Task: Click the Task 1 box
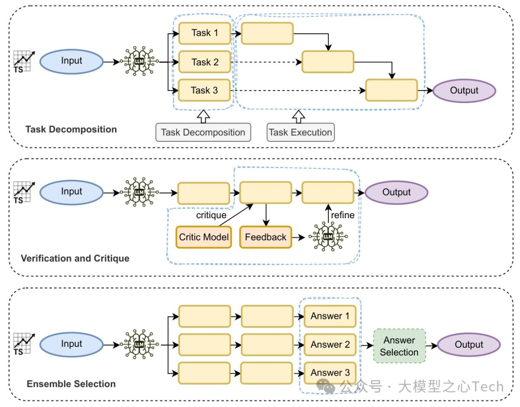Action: tap(205, 33)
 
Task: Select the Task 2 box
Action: tap(205, 62)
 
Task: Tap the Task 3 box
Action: tap(205, 91)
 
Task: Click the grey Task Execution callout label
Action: tap(300, 132)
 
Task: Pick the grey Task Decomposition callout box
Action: tap(203, 132)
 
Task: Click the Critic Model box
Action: tap(203, 237)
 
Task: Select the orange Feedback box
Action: tap(266, 237)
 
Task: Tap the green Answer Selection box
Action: tap(399, 346)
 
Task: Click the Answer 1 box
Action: tap(330, 316)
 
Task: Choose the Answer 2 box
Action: tap(330, 344)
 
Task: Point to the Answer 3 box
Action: tap(330, 373)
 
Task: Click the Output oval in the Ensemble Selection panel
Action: tap(468, 344)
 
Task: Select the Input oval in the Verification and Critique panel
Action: tap(71, 192)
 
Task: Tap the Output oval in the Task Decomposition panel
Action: tap(464, 91)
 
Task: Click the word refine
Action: tap(342, 215)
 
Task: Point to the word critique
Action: tap(211, 215)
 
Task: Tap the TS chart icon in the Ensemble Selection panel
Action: tap(24, 344)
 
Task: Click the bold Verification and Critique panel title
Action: tap(75, 258)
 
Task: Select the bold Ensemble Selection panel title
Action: tap(71, 384)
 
